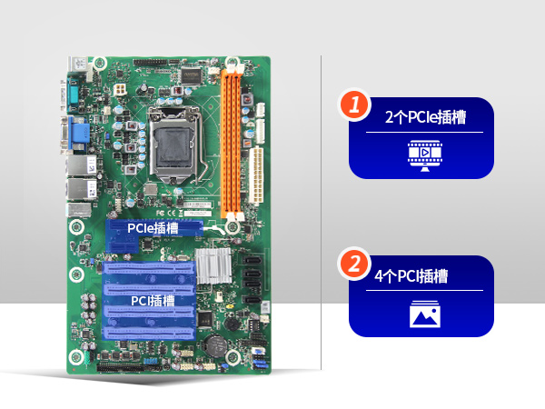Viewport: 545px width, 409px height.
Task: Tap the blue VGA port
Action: (78, 134)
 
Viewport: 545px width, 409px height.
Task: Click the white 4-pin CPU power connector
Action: (122, 93)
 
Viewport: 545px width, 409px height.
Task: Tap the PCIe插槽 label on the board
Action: (152, 228)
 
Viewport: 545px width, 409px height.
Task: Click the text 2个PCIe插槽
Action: (424, 118)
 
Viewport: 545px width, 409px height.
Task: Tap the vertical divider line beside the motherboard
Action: (322, 209)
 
